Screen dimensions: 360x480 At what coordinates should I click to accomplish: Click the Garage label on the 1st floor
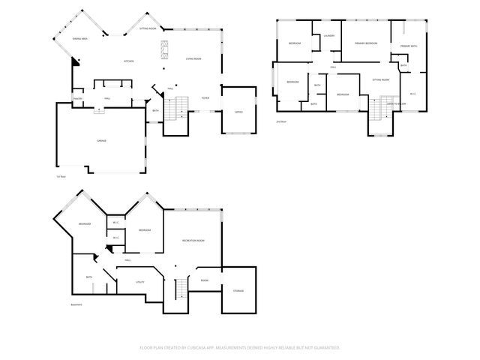point(100,140)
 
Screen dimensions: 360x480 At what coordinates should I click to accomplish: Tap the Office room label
point(238,112)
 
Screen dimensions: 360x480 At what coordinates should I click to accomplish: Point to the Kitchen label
point(129,61)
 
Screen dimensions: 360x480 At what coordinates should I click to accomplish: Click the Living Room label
point(193,58)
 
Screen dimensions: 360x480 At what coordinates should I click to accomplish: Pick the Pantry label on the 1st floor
point(77,98)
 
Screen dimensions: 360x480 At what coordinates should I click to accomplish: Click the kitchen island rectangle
point(163,51)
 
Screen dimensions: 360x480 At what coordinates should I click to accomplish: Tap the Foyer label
point(205,98)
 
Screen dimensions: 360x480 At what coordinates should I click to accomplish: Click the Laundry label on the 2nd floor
point(328,36)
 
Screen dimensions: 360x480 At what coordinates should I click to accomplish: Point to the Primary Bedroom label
point(366,43)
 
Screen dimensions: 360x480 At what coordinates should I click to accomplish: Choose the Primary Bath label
point(409,46)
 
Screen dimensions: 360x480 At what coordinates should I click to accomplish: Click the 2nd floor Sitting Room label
point(380,79)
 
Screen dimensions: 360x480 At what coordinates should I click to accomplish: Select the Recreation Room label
point(193,240)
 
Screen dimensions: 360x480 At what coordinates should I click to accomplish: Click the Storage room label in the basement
point(238,291)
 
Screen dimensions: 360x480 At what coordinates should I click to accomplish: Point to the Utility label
point(139,282)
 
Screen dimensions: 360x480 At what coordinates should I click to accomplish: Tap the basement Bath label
point(89,277)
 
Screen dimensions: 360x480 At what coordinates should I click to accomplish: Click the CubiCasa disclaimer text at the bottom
point(240,347)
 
